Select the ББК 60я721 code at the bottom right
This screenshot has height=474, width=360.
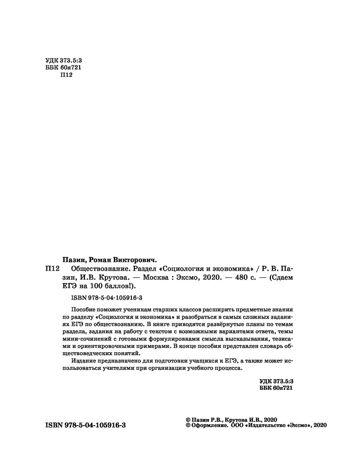(x=277, y=388)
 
